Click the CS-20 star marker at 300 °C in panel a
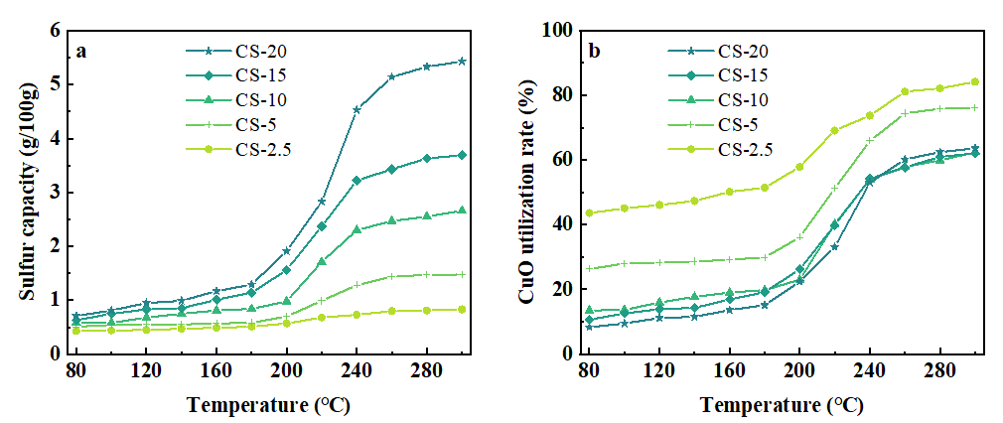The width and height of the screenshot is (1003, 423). pos(463,62)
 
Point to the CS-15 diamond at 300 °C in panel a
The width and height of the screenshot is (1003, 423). pos(463,155)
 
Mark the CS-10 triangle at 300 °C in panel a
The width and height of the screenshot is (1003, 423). pos(463,211)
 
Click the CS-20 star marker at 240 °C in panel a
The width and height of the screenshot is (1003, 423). pos(357,109)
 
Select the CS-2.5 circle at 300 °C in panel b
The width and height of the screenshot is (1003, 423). pos(974,81)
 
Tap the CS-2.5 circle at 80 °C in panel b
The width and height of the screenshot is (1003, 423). pos(590,213)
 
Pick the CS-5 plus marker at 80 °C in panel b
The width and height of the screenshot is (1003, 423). pos(590,268)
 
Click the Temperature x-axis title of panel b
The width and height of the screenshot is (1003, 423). pos(781,405)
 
